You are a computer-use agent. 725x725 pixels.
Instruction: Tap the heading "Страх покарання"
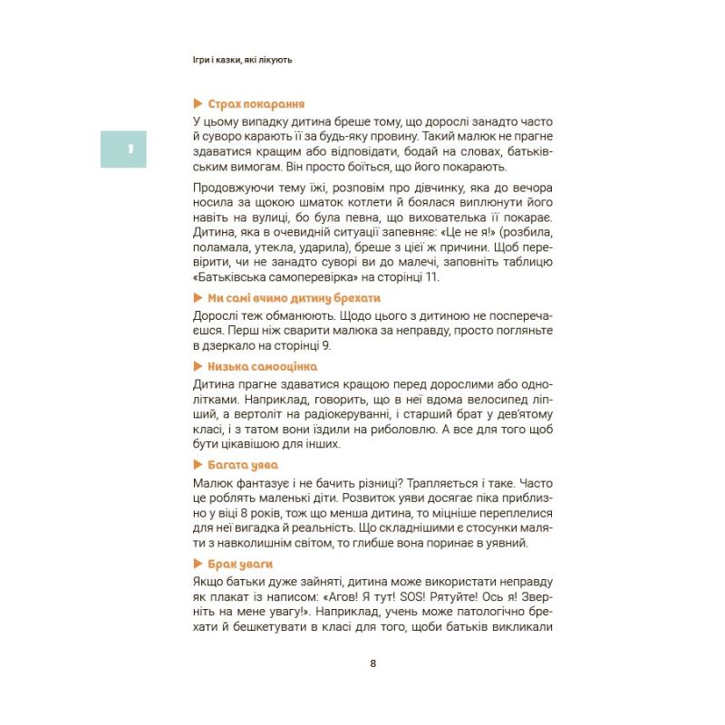tap(256, 104)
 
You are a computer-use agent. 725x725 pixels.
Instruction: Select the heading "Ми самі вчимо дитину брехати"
tap(294, 298)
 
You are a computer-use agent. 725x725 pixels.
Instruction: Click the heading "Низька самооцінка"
tap(262, 366)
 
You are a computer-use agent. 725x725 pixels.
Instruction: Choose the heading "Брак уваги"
tap(240, 564)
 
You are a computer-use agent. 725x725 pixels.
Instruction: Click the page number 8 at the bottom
tap(372, 662)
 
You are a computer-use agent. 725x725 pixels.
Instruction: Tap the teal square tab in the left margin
tap(123, 148)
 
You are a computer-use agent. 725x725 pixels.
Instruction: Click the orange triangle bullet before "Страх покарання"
tap(198, 104)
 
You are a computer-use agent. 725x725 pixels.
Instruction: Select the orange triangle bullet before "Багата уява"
tap(198, 465)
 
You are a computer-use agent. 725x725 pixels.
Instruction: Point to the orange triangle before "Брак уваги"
tap(198, 564)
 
